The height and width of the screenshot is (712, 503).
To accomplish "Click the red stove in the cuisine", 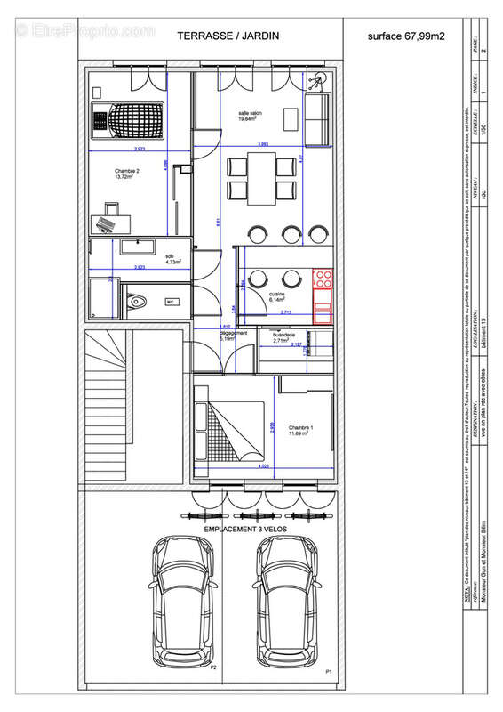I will [323, 293].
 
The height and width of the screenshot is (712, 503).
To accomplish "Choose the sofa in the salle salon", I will [316, 120].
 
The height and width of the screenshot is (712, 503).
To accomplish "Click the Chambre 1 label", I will [301, 429].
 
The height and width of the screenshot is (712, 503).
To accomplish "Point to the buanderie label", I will [283, 338].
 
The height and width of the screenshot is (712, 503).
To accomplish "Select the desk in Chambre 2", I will [106, 217].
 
